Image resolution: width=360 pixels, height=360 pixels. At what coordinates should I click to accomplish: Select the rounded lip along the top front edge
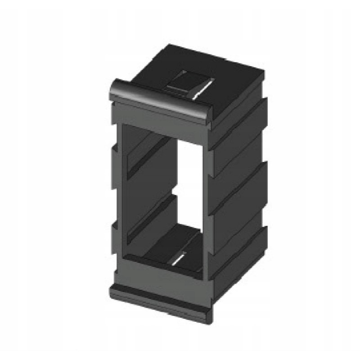point(160,99)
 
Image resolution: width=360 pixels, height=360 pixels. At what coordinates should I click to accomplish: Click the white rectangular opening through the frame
point(189,180)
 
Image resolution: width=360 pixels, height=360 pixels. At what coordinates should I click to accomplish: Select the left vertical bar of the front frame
point(116,198)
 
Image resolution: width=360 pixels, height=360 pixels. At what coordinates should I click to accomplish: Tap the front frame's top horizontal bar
point(160,118)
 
